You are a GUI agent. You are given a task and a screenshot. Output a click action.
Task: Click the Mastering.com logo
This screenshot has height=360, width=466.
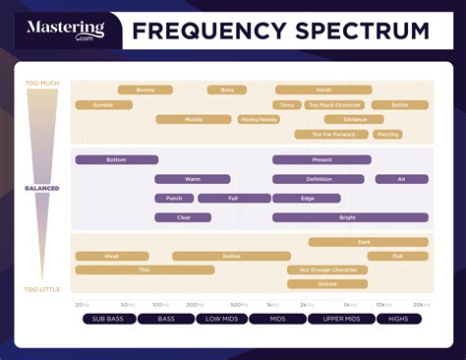66,30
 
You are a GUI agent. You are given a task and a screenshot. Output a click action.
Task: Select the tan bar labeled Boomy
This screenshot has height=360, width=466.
146,90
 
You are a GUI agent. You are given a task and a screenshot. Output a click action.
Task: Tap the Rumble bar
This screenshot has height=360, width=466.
104,104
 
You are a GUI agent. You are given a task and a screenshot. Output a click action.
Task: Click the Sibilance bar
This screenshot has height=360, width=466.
356,119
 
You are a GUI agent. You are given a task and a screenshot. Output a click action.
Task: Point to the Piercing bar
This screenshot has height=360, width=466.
388,134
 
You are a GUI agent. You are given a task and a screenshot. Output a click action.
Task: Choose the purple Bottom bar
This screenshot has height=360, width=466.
116,159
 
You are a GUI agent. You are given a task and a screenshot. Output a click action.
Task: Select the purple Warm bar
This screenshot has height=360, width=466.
193,179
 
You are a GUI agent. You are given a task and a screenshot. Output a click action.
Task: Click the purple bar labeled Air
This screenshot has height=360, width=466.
401,179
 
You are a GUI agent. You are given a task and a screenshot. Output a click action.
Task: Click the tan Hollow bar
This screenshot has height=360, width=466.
231,256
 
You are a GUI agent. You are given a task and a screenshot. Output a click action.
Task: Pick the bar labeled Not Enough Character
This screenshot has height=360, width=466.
328,270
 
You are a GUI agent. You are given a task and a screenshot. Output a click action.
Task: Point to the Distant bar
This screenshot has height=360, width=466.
327,283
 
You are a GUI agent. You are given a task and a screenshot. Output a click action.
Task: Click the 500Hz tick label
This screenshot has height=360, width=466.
237,305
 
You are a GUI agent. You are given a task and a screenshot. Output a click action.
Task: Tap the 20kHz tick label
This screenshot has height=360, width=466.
421,305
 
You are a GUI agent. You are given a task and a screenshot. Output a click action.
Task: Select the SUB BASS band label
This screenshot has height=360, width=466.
107,319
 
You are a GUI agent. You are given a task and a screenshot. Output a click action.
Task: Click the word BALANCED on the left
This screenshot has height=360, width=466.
42,188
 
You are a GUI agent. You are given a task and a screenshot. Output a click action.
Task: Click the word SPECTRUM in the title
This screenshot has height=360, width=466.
360,30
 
